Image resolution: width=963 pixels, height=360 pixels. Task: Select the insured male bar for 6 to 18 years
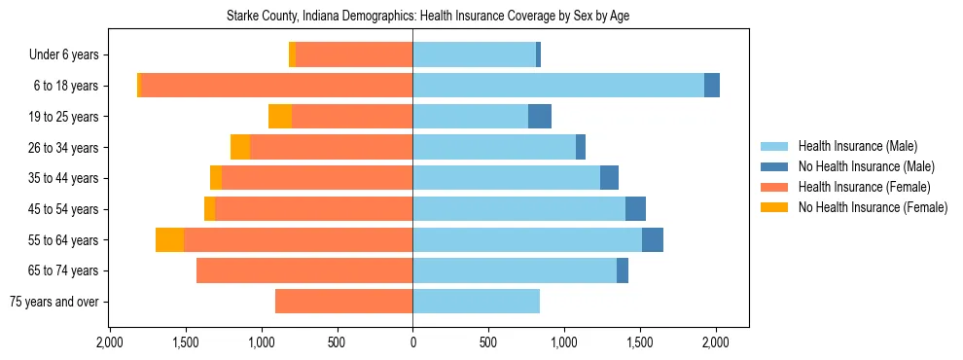click(x=558, y=86)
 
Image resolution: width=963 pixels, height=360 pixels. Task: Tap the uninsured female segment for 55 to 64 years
click(x=170, y=240)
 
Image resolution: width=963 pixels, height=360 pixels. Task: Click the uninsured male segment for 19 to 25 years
click(x=540, y=117)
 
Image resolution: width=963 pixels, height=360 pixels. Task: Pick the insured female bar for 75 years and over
click(x=344, y=302)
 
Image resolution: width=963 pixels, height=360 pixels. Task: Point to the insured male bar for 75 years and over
click(x=477, y=302)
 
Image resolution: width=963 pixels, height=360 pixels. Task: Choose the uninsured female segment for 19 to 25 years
click(x=280, y=117)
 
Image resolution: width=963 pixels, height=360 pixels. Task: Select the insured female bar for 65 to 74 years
click(x=304, y=270)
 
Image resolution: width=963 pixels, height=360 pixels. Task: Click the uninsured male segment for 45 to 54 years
click(x=635, y=209)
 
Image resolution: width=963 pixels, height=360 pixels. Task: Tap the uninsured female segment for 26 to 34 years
click(x=240, y=147)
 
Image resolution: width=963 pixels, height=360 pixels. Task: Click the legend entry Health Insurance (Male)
click(x=857, y=146)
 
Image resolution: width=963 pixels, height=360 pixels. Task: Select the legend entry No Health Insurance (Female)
click(x=873, y=207)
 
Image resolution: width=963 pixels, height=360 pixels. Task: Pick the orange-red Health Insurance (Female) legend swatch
click(x=774, y=187)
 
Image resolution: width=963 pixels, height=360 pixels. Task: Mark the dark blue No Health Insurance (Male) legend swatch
click(x=774, y=166)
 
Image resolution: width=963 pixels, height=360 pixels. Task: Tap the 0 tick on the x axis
click(x=412, y=342)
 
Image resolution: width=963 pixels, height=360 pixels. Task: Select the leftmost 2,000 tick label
click(x=109, y=342)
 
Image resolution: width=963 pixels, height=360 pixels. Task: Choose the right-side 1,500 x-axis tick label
click(x=640, y=342)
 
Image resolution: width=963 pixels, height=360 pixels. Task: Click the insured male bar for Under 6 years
click(x=474, y=55)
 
